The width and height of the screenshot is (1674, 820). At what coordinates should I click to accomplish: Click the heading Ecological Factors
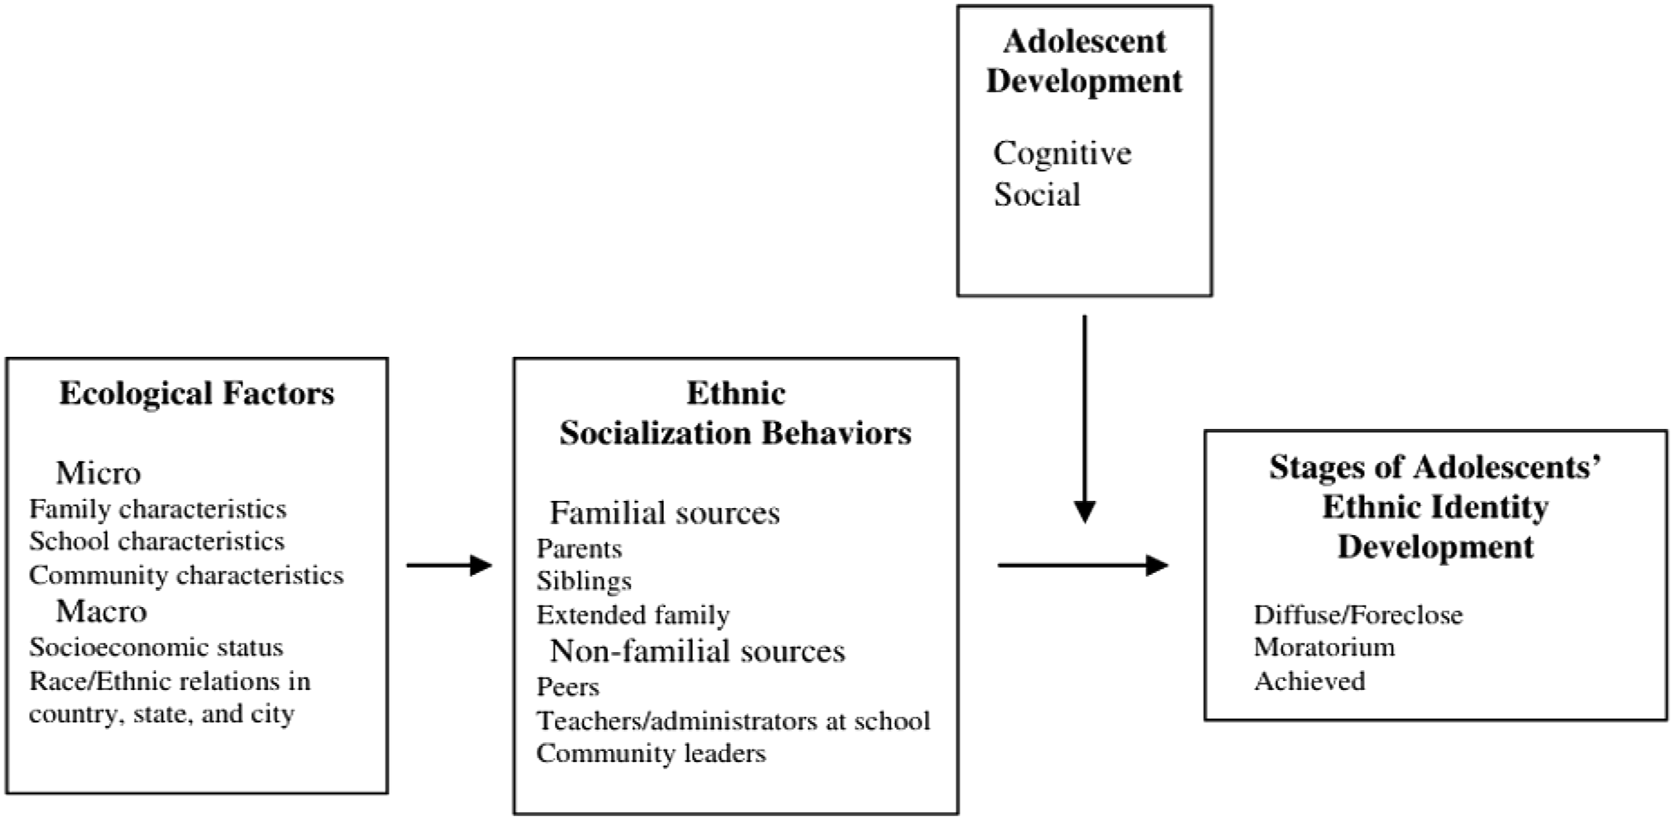(196, 393)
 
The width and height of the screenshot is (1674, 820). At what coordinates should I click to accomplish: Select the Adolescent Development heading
(1084, 61)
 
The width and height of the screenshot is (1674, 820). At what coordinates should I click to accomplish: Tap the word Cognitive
(1062, 153)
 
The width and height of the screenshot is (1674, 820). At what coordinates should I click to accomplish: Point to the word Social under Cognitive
(1037, 194)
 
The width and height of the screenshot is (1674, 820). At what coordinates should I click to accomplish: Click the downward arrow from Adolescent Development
(1085, 419)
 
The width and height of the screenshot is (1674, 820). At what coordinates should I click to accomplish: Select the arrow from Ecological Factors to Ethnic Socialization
(449, 565)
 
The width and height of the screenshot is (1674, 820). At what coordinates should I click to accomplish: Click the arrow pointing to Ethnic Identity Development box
(1083, 565)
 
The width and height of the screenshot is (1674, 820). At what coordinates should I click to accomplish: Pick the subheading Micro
(98, 473)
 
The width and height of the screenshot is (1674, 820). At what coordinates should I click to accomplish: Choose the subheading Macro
(101, 611)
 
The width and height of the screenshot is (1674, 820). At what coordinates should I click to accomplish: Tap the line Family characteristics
(158, 509)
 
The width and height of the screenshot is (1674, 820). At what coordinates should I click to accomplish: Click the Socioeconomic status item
(156, 647)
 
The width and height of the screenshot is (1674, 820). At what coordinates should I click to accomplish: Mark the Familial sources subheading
(665, 512)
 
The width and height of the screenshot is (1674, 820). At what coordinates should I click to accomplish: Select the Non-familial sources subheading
(697, 651)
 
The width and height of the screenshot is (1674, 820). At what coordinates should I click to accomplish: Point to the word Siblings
(584, 581)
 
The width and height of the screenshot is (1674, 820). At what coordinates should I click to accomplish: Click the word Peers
(568, 686)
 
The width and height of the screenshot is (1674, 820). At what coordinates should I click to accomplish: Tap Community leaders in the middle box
(651, 753)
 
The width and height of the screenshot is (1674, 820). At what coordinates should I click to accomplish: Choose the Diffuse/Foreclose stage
(1358, 615)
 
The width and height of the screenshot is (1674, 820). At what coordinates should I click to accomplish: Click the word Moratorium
(1324, 647)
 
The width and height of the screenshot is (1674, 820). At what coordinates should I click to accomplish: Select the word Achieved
(1310, 681)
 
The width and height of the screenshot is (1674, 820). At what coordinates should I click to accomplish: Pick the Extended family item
(633, 615)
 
